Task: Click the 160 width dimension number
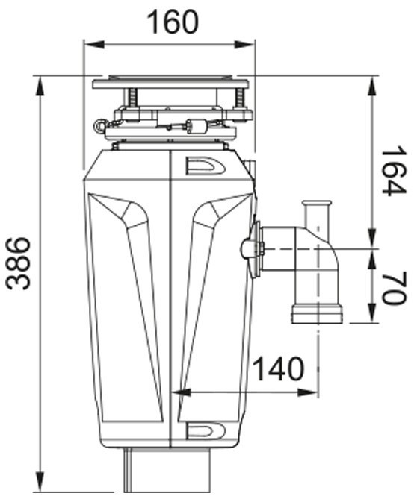(173, 22)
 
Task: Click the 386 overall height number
(19, 263)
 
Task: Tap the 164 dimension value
(395, 171)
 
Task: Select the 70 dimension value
(395, 288)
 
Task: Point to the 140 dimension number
(279, 368)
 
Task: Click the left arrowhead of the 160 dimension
(95, 45)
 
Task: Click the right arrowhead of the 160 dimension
(244, 45)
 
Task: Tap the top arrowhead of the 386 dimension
(40, 87)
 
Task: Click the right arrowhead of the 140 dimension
(308, 392)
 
